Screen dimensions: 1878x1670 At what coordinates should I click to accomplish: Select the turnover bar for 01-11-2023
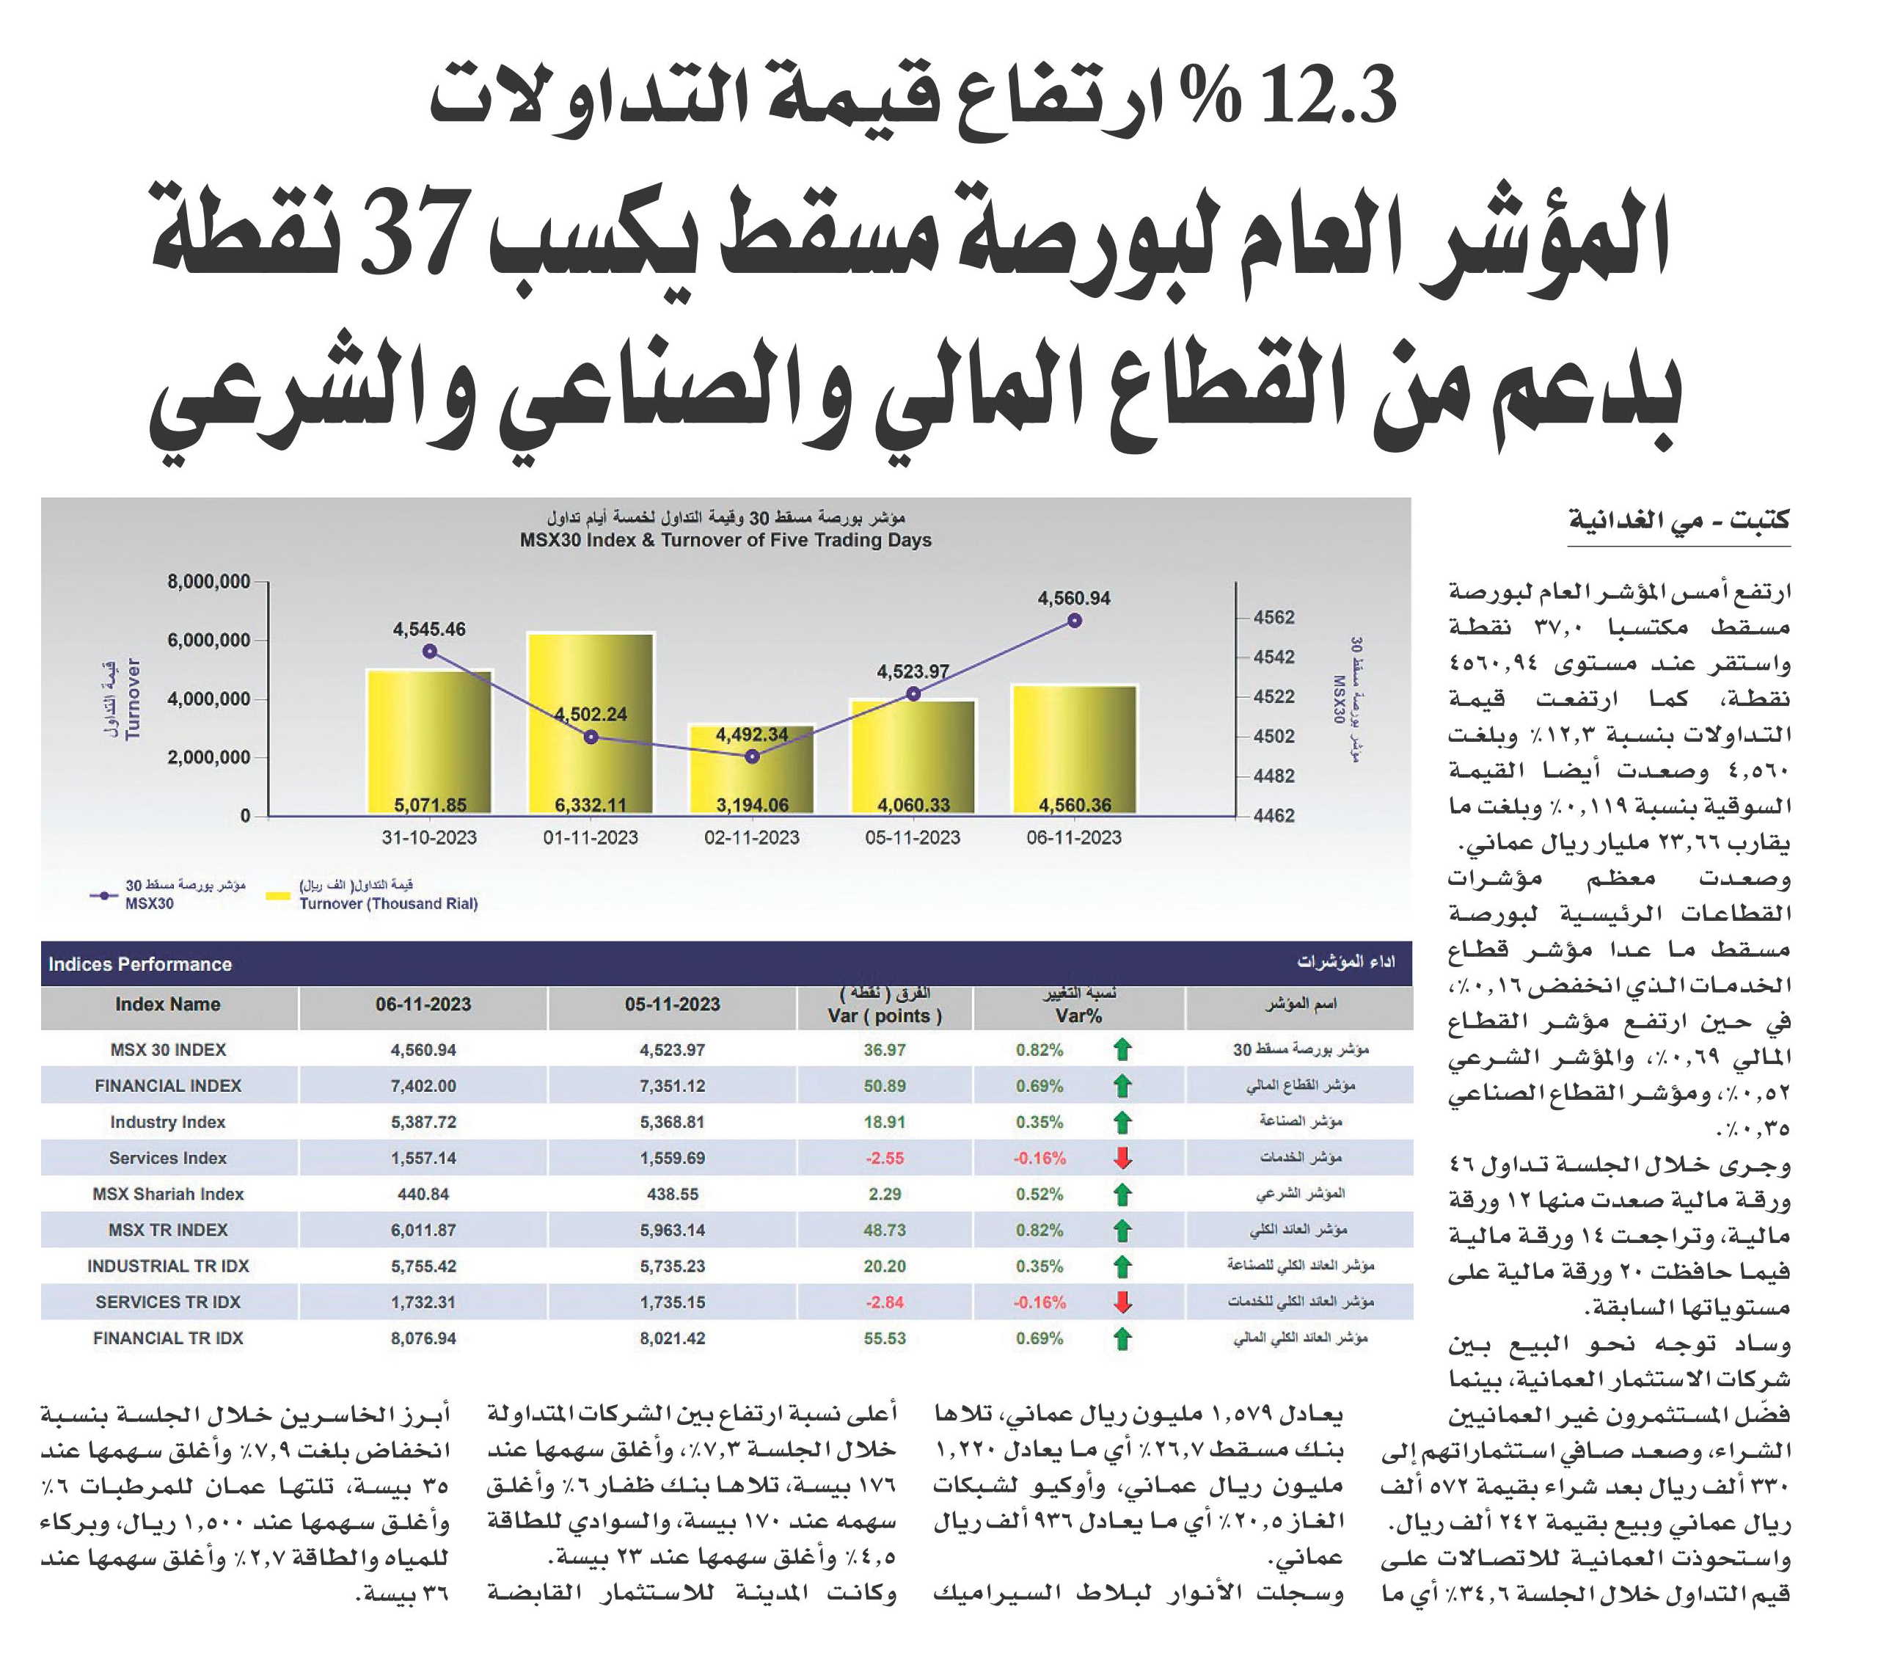click(590, 723)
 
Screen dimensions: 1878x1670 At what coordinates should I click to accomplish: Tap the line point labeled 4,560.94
click(1075, 621)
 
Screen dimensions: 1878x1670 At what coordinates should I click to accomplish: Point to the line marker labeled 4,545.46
click(429, 652)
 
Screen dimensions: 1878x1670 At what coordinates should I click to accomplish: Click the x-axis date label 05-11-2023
click(913, 837)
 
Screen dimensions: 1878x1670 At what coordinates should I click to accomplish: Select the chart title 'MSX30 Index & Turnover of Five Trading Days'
click(726, 541)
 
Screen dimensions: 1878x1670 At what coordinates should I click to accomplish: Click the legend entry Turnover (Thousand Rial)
click(388, 903)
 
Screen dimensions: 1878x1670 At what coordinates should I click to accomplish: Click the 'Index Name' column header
click(167, 1004)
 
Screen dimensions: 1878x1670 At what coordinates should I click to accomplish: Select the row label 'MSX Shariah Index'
click(168, 1194)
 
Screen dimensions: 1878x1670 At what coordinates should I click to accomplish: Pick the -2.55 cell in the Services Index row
click(885, 1158)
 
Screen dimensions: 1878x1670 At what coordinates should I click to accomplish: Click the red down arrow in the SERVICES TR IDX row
click(1122, 1302)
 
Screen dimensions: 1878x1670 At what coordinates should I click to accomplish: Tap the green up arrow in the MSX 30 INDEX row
click(1122, 1049)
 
